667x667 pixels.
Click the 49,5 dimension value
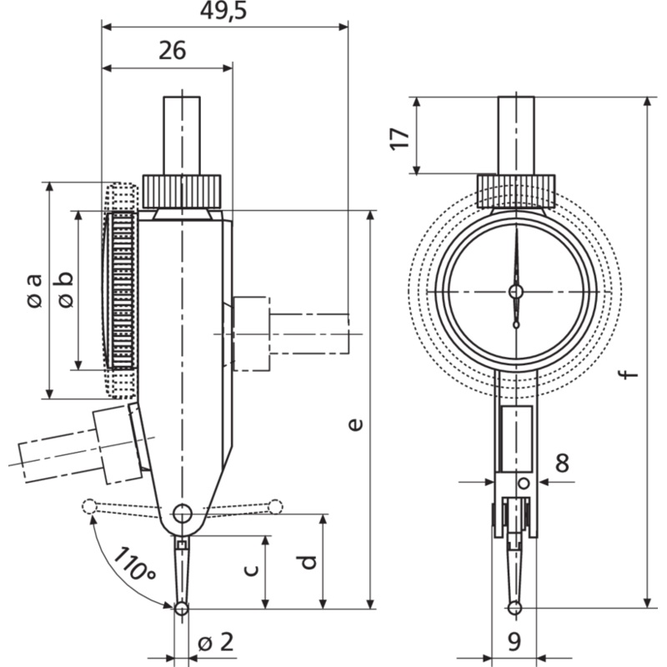coord(223,12)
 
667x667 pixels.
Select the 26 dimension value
coord(173,50)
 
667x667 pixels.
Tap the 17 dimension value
coord(400,138)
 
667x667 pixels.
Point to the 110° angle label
coord(134,564)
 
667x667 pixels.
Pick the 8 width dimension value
coord(562,463)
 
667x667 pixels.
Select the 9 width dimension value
coord(514,641)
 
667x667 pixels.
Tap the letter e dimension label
coord(356,424)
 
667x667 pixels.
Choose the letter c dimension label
coord(252,569)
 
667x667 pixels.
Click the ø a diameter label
coord(34,290)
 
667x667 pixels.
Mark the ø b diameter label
coord(65,289)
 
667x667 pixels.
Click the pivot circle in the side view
coord(182,513)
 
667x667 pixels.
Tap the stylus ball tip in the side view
coord(182,609)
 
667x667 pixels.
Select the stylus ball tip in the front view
coord(514,608)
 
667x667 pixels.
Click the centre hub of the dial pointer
coord(516,292)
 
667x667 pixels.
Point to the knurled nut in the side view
coord(182,192)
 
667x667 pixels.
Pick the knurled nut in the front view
coord(516,192)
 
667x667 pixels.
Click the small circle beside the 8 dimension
coord(524,484)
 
